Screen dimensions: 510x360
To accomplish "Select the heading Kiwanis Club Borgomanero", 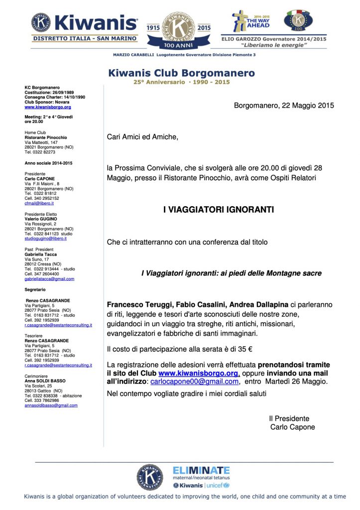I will point(181,73).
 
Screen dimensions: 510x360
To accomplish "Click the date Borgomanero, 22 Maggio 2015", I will point(284,105).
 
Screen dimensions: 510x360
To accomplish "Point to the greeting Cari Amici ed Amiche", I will point(142,136).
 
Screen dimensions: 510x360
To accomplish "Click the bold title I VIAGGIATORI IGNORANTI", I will point(219,210).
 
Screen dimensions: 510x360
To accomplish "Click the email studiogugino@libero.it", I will point(45,239).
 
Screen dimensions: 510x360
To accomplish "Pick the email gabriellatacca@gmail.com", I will point(49,279).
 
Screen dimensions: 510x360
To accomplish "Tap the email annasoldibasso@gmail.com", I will point(51,405).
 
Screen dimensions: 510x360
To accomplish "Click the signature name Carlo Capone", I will point(292,427).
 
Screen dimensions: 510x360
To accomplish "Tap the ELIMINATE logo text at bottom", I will point(201,470).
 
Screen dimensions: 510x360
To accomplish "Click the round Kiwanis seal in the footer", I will point(149,477).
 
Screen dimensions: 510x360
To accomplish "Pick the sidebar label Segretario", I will point(35,289).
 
